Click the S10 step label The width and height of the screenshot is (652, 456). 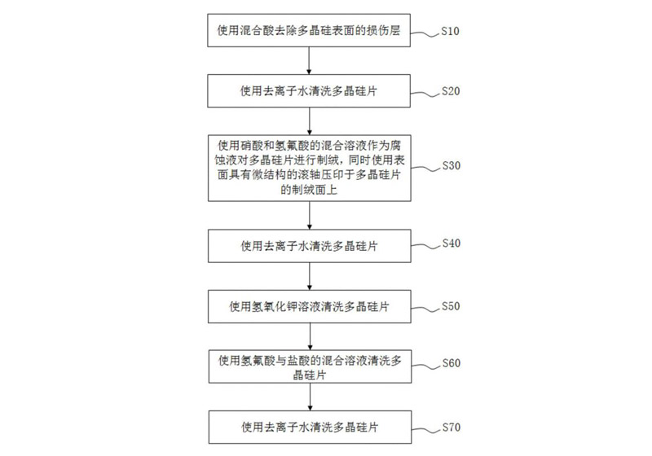[x=450, y=32]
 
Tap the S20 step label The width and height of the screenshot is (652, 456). [x=450, y=90]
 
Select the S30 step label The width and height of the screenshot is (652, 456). [x=450, y=165]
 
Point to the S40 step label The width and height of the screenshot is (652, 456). [x=450, y=243]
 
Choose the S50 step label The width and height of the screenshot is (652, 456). [x=450, y=306]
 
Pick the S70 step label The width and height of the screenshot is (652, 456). [x=450, y=426]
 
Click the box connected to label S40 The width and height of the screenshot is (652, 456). [x=308, y=244]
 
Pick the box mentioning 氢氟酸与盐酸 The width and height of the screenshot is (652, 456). [x=308, y=366]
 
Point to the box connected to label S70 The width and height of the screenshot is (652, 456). [x=308, y=427]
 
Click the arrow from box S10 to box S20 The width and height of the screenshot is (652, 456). [x=308, y=61]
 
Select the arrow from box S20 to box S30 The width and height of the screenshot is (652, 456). [x=308, y=121]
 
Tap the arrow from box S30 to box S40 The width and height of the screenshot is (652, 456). [x=308, y=216]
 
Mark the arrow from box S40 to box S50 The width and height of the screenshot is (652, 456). [x=308, y=275]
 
